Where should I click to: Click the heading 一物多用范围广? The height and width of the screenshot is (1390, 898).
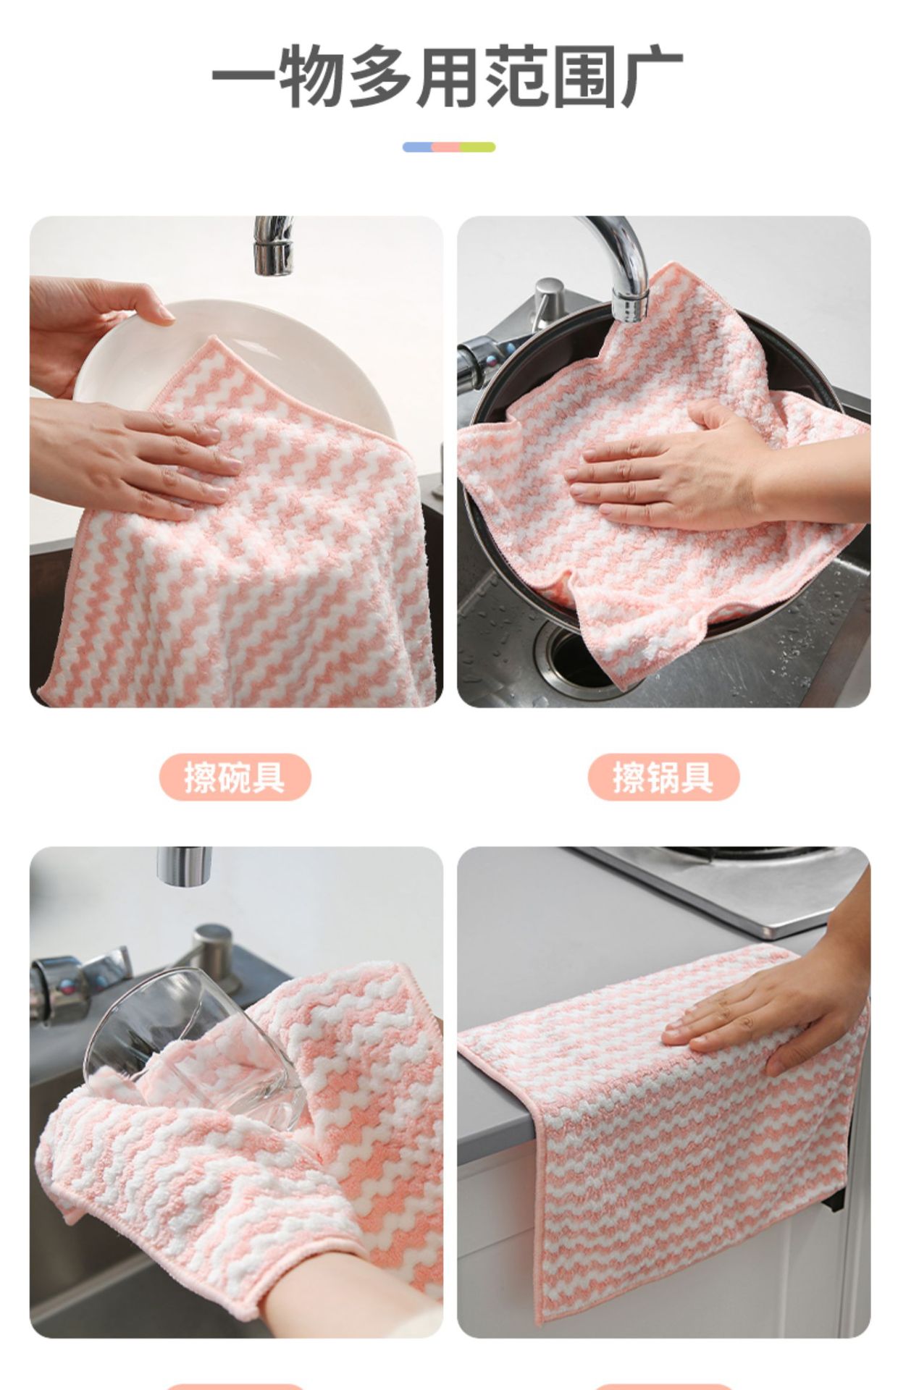pyautogui.click(x=447, y=75)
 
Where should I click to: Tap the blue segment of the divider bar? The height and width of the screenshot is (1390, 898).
pyautogui.click(x=418, y=147)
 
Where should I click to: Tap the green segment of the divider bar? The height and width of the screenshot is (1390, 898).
pyautogui.click(x=479, y=147)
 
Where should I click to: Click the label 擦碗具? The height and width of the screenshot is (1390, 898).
pyautogui.click(x=235, y=777)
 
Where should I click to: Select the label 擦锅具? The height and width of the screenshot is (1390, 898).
pyautogui.click(x=663, y=777)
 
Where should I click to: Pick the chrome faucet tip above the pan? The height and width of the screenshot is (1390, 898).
pyautogui.click(x=629, y=300)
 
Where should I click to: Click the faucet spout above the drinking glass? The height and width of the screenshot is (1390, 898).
pyautogui.click(x=184, y=866)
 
